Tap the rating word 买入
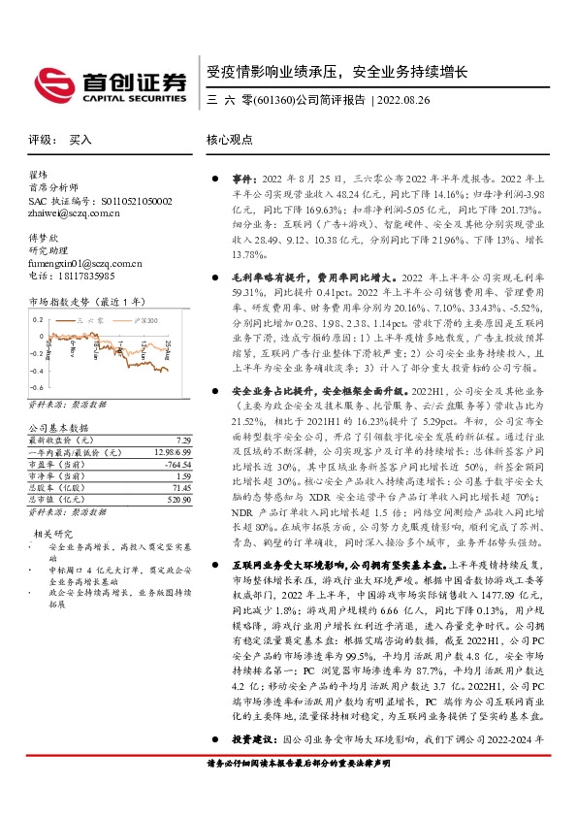[80, 140]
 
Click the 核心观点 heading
[230, 140]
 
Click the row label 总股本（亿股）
[68, 488]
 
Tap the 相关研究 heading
[54, 533]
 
